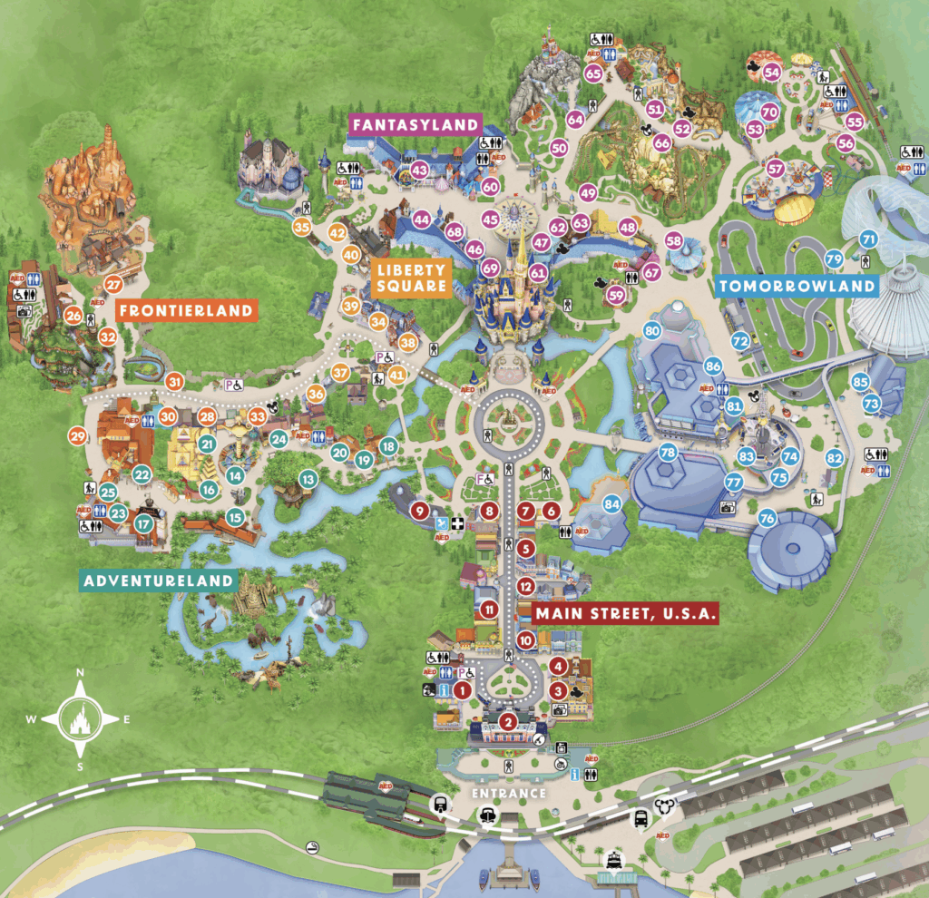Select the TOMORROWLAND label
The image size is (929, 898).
coord(797,287)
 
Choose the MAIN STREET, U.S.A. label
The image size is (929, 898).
coord(627,614)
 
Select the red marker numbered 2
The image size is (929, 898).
coord(509,722)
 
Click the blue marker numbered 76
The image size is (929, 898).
coord(768,519)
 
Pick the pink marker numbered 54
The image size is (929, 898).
coord(772,72)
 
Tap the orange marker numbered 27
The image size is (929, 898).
coord(113,284)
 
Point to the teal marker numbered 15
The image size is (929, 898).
coord(235,517)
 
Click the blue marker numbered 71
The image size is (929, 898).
coord(868,239)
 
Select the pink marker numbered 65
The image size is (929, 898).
coord(594,73)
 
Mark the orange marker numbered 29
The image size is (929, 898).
coord(77,436)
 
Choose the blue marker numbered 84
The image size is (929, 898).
coord(612,503)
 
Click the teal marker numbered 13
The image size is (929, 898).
coord(308,478)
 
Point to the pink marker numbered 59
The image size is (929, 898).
coord(617,294)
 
